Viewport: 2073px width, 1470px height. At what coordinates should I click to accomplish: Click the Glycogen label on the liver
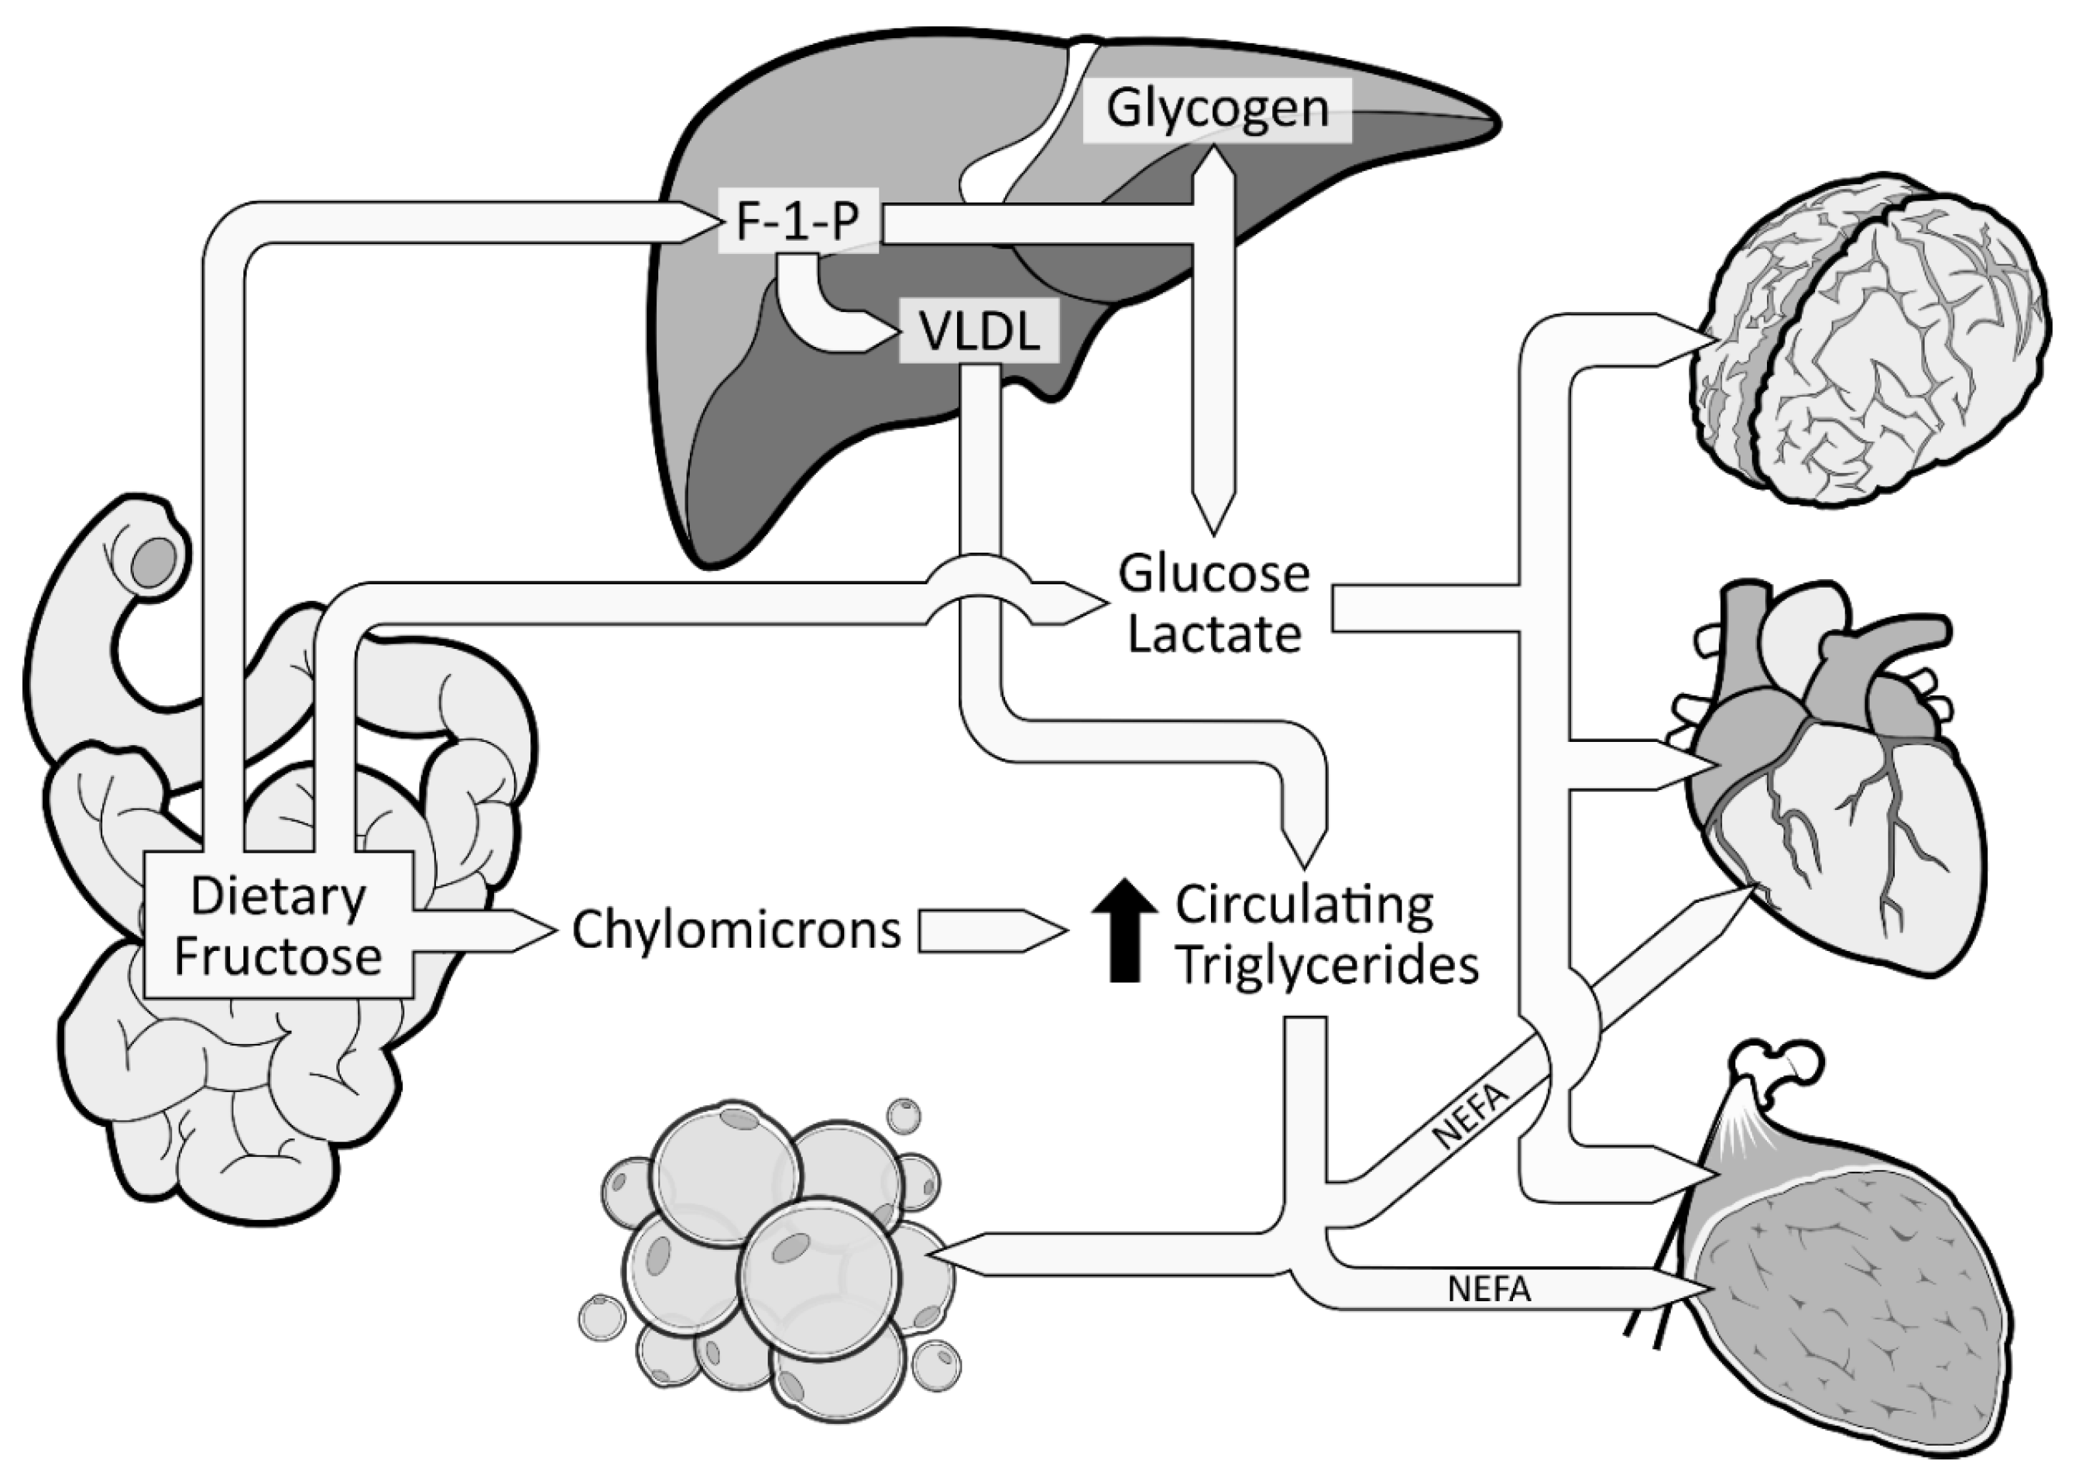1217,109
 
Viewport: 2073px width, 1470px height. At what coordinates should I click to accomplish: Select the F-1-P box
797,221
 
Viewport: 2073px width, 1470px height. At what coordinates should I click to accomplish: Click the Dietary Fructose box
278,926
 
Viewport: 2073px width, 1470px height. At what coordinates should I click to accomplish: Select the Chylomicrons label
736,930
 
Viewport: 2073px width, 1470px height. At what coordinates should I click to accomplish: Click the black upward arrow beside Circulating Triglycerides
1125,930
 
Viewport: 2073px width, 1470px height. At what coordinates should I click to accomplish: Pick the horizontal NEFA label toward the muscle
1489,1288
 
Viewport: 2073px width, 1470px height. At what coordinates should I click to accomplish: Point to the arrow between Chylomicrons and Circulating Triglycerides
991,931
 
